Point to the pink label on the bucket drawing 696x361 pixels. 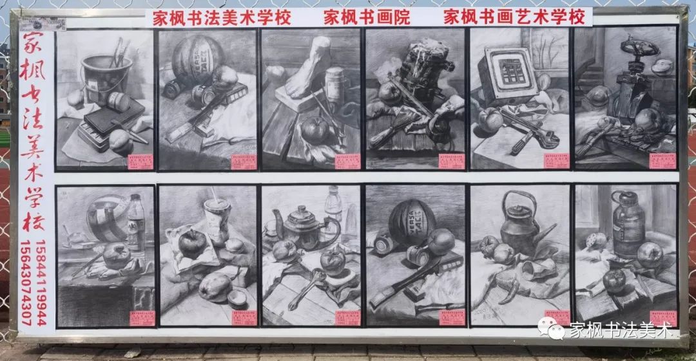(140, 162)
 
